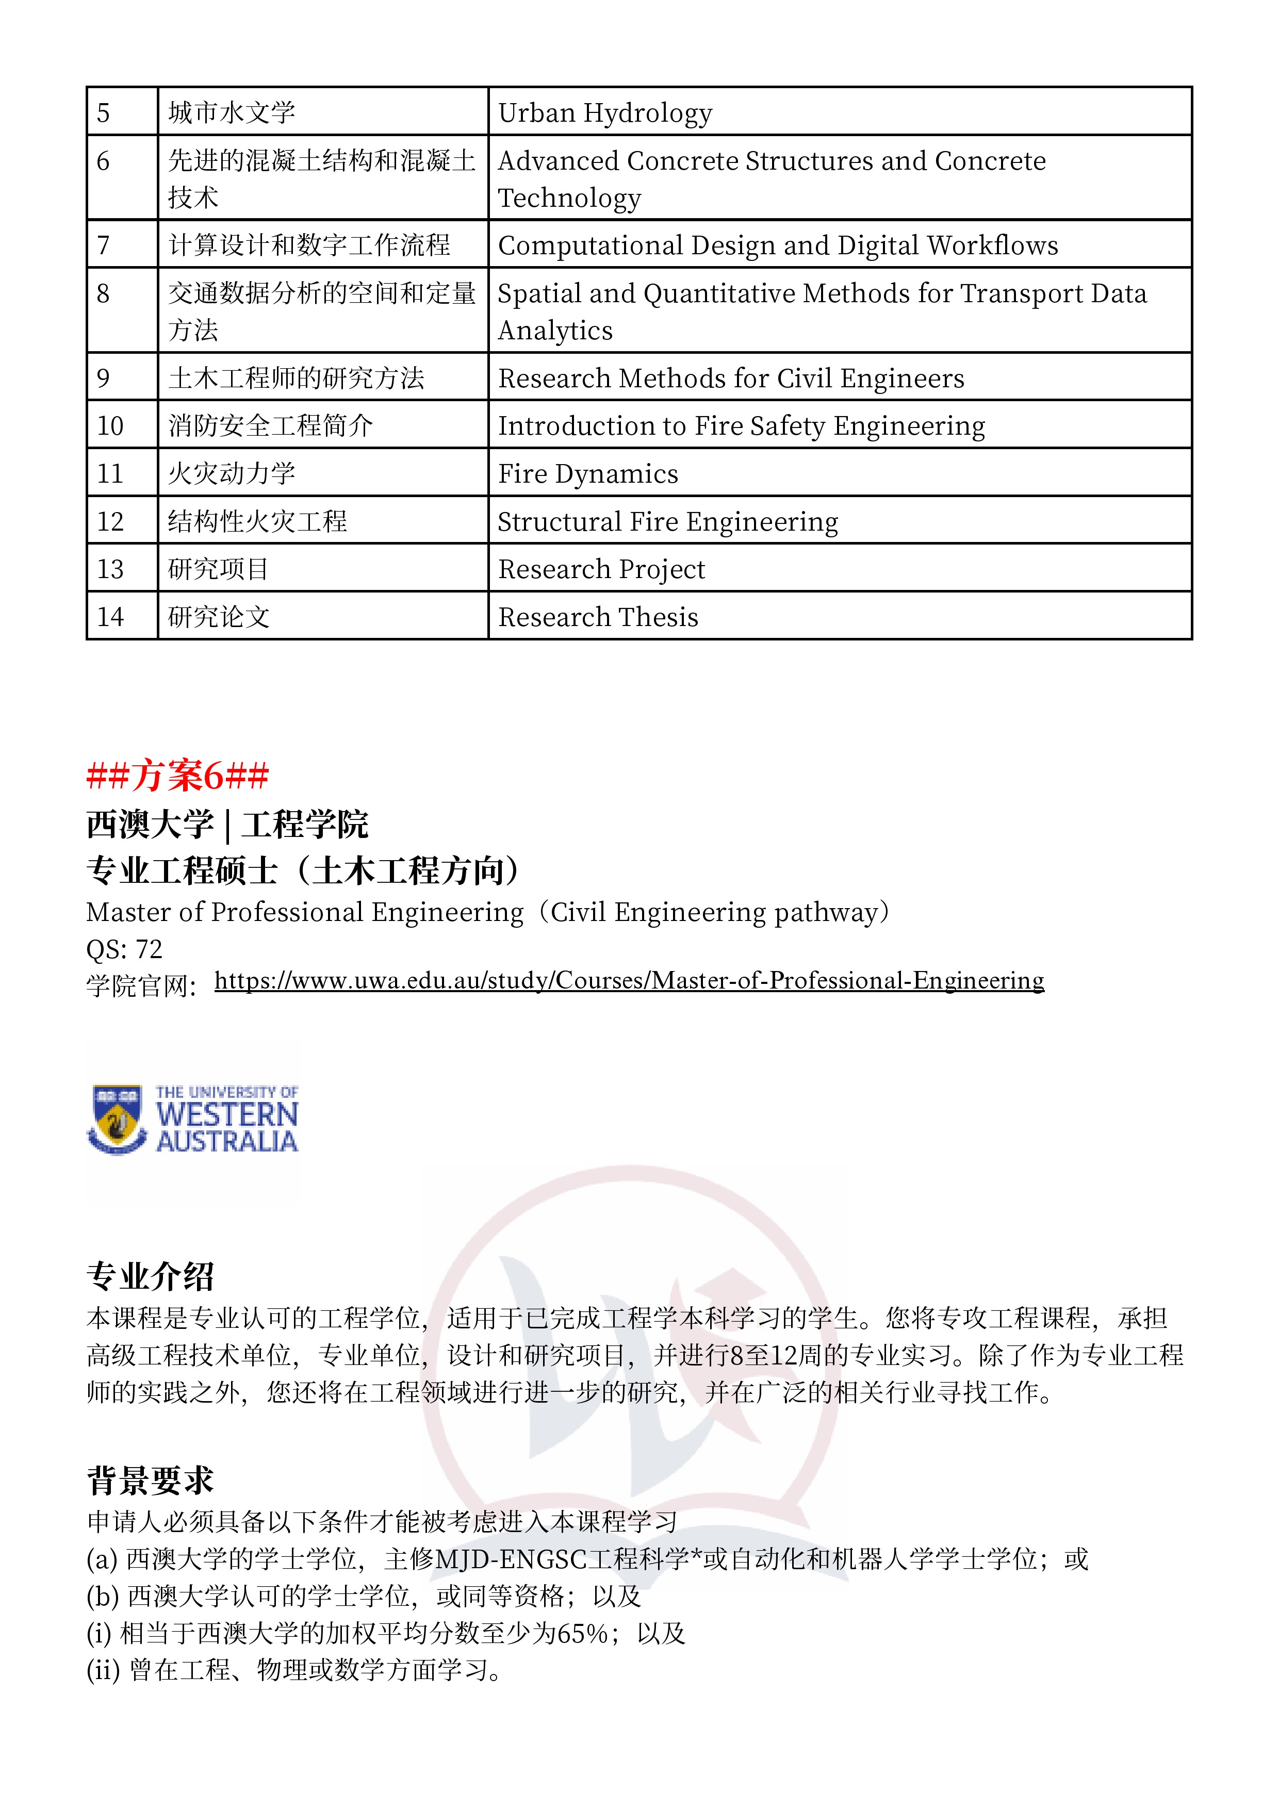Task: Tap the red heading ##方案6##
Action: coord(177,775)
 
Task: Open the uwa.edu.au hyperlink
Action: coord(629,980)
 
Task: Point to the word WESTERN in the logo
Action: coord(227,1115)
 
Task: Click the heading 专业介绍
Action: coord(150,1276)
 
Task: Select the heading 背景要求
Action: coord(150,1481)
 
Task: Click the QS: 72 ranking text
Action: coord(124,949)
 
